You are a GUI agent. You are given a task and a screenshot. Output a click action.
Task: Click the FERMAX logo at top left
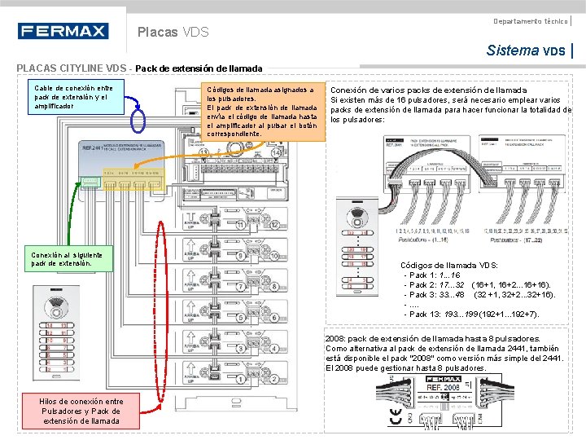click(63, 32)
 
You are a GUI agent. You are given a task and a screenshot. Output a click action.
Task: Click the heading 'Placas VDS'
click(173, 33)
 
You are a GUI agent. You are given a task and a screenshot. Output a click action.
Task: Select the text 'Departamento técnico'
click(531, 20)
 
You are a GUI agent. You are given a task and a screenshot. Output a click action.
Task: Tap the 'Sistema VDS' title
click(525, 51)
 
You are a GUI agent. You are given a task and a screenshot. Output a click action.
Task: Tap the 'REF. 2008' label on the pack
click(444, 388)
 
